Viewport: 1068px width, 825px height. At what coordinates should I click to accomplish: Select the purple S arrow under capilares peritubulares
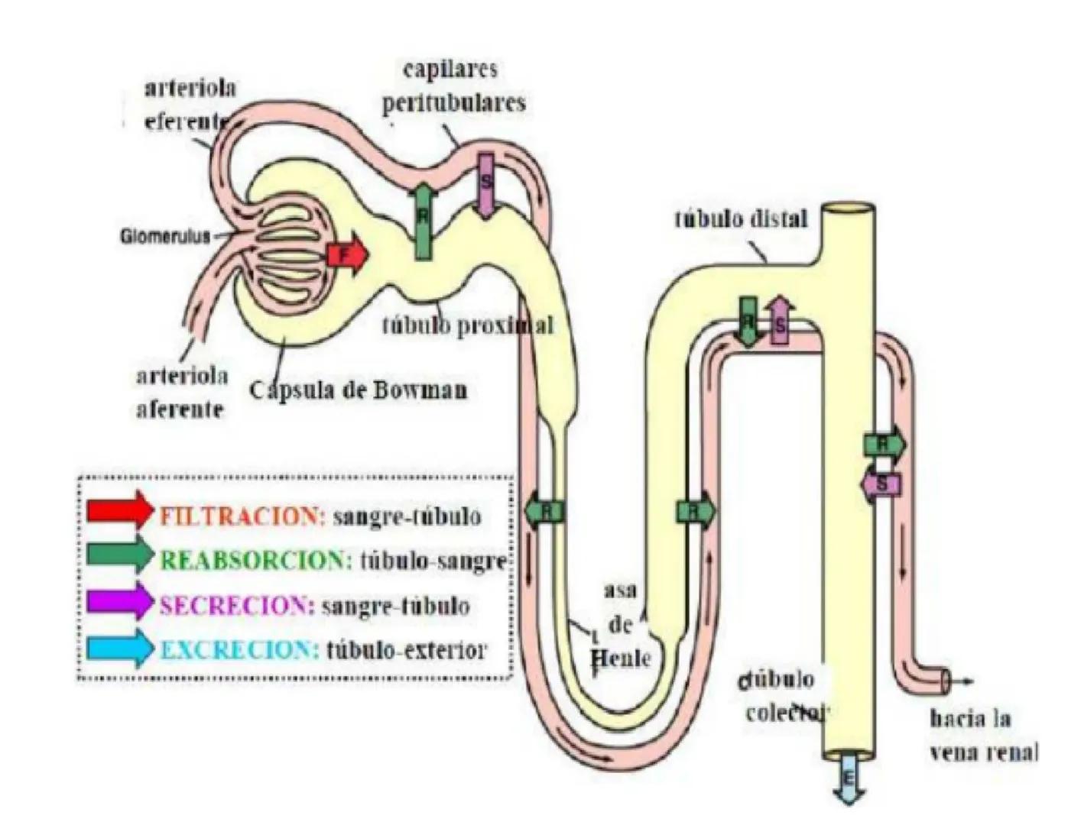pos(485,185)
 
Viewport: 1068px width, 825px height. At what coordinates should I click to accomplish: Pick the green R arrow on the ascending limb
pos(696,511)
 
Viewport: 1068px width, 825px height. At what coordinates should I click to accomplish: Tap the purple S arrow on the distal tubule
pos(780,322)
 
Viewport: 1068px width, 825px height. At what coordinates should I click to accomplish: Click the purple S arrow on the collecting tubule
pos(881,484)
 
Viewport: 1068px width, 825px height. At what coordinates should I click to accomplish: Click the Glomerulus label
pos(164,237)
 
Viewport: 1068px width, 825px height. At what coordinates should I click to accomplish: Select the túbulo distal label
pos(740,219)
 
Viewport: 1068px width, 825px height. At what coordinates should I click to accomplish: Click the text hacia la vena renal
pos(982,735)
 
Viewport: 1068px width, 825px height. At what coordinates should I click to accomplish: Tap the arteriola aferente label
pos(181,393)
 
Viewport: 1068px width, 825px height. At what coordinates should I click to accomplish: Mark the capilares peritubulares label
pos(453,86)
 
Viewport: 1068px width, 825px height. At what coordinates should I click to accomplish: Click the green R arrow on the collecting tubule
pos(884,443)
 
